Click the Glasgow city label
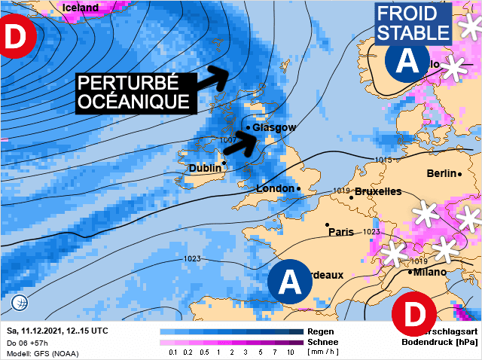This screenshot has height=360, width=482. pos(275,128)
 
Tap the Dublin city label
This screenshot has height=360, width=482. pos(205,169)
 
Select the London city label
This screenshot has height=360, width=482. pos(276,188)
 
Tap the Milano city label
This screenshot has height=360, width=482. pos(429,272)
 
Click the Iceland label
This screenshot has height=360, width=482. pos(81,8)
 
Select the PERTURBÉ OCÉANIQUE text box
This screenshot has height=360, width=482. pos(133,93)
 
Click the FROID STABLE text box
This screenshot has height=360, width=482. pos(413,23)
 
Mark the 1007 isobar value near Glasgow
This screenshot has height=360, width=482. pos(230,141)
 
